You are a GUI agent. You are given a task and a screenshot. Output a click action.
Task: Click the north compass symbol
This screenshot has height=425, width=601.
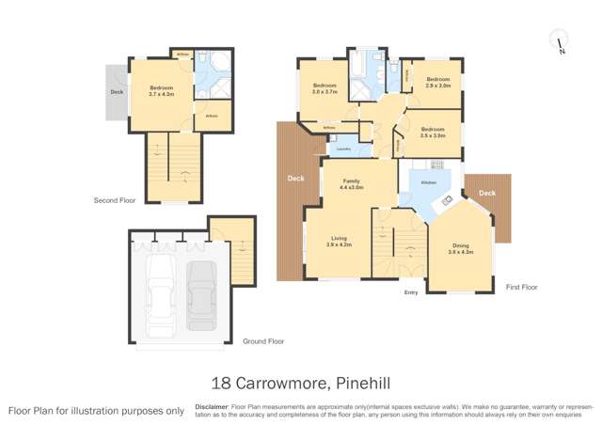[x=560, y=43]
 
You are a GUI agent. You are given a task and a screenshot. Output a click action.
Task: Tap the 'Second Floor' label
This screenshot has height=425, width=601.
[x=115, y=200]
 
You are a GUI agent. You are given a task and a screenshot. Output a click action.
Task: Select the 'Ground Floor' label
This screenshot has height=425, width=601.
[x=263, y=341]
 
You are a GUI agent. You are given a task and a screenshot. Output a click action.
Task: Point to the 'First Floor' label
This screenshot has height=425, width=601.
[x=522, y=286]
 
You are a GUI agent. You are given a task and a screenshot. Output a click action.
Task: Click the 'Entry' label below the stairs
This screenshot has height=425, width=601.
[x=411, y=293]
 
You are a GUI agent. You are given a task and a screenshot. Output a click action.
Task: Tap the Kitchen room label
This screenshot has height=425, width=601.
[x=429, y=181]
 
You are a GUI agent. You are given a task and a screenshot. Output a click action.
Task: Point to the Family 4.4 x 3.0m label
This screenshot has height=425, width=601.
[x=352, y=184]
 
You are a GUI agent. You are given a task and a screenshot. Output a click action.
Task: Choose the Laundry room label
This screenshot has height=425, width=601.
[x=343, y=149]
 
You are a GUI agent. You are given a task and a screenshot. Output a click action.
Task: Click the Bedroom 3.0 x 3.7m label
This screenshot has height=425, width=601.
[x=325, y=89]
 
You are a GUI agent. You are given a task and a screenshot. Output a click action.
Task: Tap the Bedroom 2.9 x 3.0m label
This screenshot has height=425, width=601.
[x=437, y=83]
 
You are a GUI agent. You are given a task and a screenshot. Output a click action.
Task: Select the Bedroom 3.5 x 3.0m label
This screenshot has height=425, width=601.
[x=433, y=133]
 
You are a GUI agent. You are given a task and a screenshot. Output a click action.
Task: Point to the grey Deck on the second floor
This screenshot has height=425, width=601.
[x=117, y=92]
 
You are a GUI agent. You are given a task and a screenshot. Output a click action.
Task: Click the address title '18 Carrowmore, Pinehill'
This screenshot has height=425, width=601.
[x=300, y=382]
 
